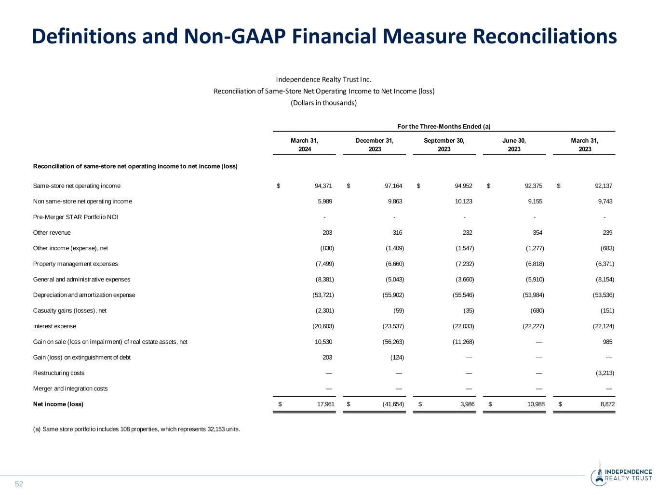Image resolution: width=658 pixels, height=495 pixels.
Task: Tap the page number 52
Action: (19, 484)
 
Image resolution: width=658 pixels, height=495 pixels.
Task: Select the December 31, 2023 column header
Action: (375, 145)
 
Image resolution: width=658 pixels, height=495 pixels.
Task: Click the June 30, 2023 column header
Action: (514, 145)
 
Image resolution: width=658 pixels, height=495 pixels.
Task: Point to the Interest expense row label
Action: (54, 326)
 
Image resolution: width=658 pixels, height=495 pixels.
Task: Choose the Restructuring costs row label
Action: (59, 373)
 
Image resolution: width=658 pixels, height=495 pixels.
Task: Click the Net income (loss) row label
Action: (58, 404)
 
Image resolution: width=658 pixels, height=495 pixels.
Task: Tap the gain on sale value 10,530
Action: (323, 342)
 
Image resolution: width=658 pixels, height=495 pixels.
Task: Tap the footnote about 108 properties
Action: (136, 429)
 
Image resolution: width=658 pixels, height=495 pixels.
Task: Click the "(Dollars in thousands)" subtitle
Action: (323, 103)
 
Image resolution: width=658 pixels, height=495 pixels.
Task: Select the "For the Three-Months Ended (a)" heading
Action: (443, 126)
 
